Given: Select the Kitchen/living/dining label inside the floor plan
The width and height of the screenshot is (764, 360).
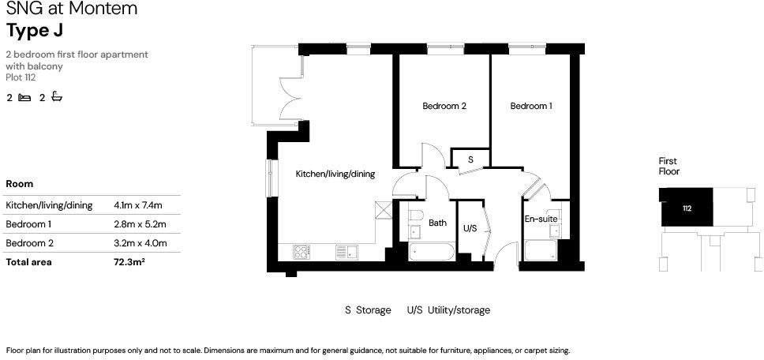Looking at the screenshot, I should (335, 174).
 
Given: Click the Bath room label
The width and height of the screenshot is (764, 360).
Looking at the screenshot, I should (437, 223).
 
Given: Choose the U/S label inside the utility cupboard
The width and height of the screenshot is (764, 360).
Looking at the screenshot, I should (470, 228).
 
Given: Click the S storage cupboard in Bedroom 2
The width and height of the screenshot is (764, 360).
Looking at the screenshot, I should (470, 159).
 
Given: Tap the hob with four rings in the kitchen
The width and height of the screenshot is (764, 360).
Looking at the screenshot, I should (301, 252).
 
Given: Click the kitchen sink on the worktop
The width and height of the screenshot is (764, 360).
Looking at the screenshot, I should (346, 252).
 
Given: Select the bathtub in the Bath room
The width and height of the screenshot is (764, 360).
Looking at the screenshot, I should (432, 253).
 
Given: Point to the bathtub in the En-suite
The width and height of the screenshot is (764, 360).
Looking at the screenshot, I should (541, 253).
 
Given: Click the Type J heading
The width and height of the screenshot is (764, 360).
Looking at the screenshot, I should (34, 31).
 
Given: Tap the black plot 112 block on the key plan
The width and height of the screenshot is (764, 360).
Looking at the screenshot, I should (686, 208).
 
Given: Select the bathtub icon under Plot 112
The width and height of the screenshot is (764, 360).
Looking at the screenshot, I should (56, 98).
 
